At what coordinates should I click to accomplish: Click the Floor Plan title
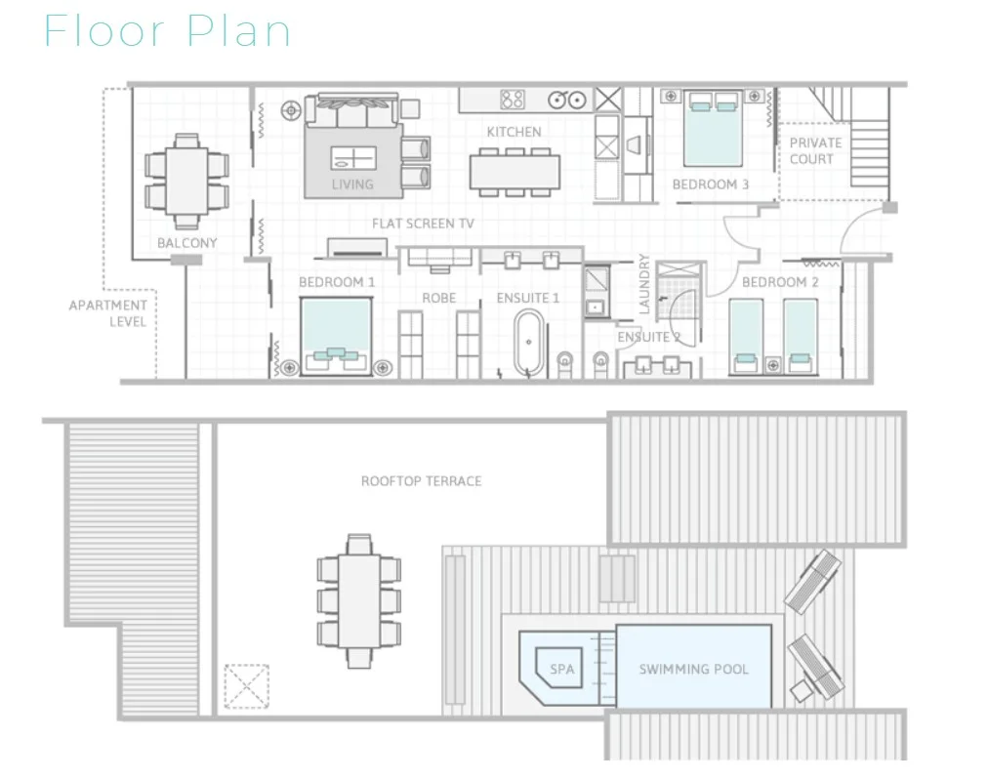pyautogui.click(x=167, y=30)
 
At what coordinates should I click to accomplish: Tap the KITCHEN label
pyautogui.click(x=514, y=132)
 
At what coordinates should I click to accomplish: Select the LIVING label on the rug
pyautogui.click(x=352, y=184)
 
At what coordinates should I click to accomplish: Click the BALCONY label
pyautogui.click(x=187, y=243)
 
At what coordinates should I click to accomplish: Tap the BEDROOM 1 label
pyautogui.click(x=337, y=282)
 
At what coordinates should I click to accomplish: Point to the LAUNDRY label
pyautogui.click(x=644, y=284)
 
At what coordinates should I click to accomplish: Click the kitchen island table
pyautogui.click(x=515, y=171)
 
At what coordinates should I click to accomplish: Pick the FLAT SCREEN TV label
pyautogui.click(x=423, y=224)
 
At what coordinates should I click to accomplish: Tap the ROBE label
pyautogui.click(x=438, y=298)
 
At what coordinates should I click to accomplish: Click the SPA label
pyautogui.click(x=562, y=670)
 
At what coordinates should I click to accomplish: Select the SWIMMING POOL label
pyautogui.click(x=693, y=670)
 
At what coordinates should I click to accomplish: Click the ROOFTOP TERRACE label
pyautogui.click(x=421, y=481)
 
